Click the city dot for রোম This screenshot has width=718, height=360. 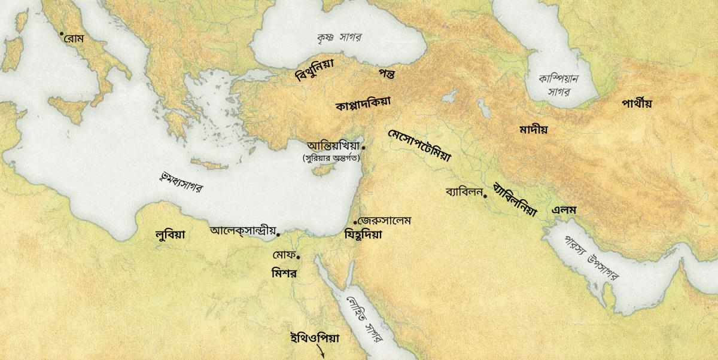pos(62,33)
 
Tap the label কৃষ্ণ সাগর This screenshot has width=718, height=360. pos(340,37)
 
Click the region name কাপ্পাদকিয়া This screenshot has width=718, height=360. pos(363,103)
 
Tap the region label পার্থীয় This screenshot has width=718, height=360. pos(636,103)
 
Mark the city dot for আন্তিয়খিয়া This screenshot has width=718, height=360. pos(364,147)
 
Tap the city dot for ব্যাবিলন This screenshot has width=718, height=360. pos(485,196)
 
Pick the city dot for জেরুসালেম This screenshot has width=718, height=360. pos(355,222)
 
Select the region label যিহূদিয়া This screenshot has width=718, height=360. pos(363,235)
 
